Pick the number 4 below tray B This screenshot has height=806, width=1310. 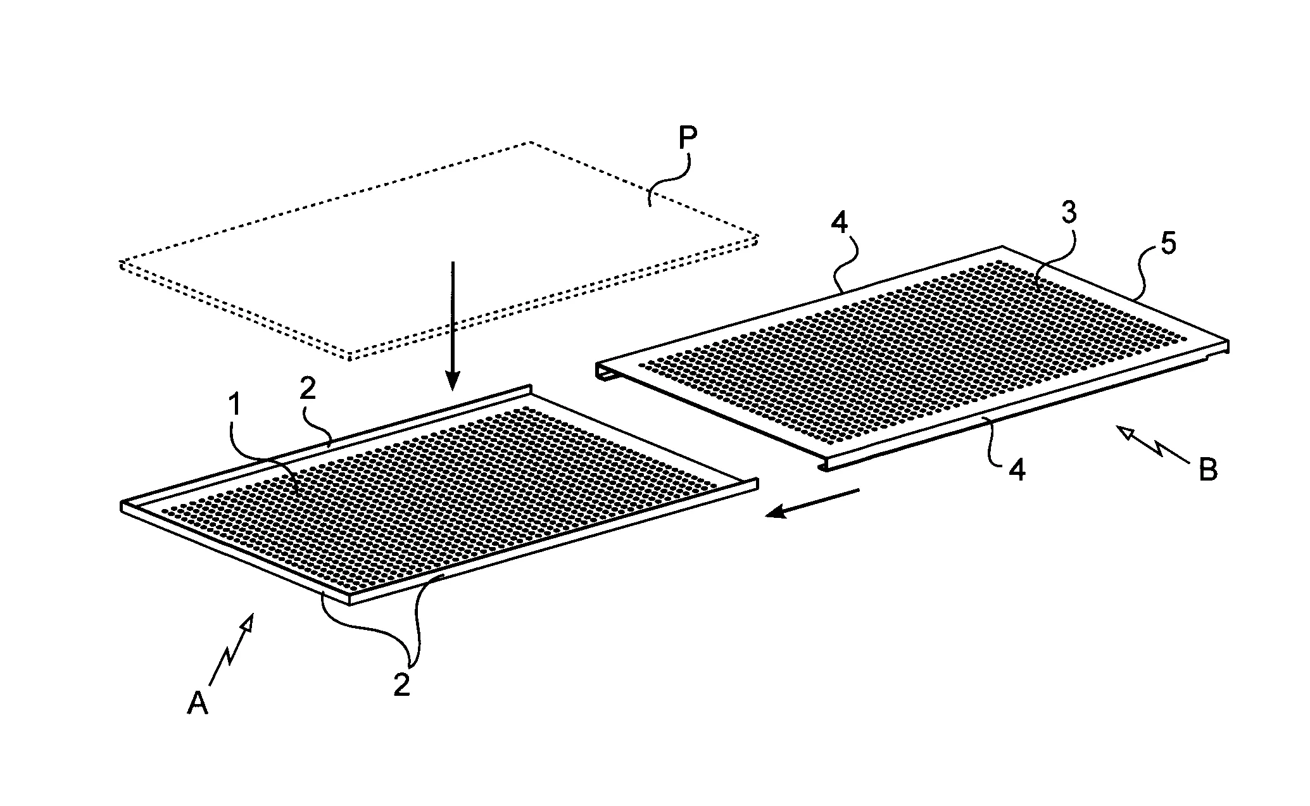pos(1017,472)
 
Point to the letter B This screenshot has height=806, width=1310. pos(1207,470)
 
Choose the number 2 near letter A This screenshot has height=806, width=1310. pos(402,686)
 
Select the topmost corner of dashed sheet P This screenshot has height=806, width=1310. pos(529,142)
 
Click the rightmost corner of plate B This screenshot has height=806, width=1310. pos(1228,343)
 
